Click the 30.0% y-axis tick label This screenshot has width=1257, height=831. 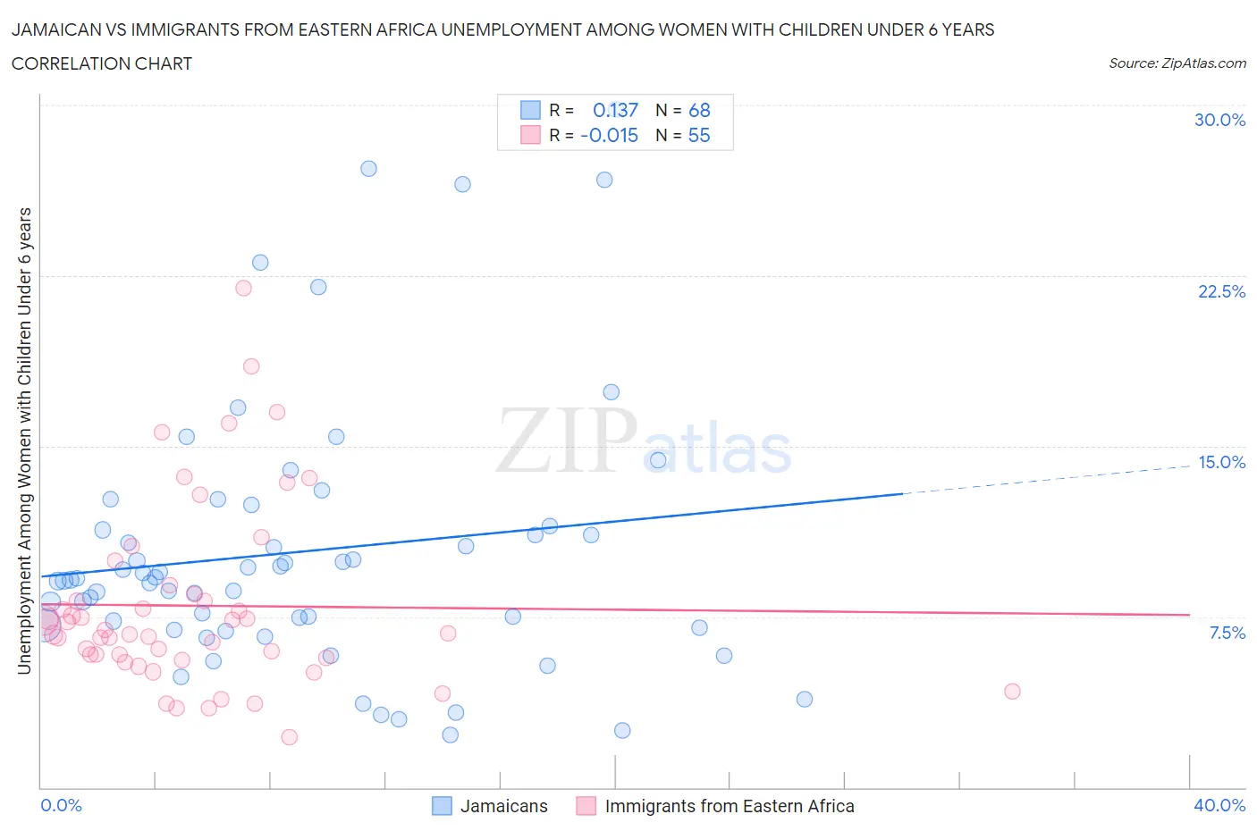1219,120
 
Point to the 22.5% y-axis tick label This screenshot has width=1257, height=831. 1221,291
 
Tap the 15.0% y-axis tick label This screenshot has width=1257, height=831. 1221,462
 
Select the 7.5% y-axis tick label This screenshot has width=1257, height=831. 1227,633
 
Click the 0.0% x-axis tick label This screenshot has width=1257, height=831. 61,805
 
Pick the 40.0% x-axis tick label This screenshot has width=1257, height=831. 1219,805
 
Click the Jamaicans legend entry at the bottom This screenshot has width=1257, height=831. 503,806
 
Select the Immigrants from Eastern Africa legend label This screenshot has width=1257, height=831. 729,806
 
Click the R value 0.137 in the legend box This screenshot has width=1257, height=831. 615,110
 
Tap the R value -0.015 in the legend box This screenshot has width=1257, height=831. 609,135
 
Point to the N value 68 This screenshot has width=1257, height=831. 699,110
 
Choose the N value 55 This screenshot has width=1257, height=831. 699,135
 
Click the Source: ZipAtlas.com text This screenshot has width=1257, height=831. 1177,63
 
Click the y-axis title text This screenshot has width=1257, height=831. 24,441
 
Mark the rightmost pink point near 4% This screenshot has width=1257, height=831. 1012,691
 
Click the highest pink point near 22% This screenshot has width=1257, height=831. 243,288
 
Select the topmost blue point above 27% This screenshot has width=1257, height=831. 368,169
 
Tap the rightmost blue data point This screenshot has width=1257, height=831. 805,699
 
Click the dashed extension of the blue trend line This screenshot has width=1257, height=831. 1046,479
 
